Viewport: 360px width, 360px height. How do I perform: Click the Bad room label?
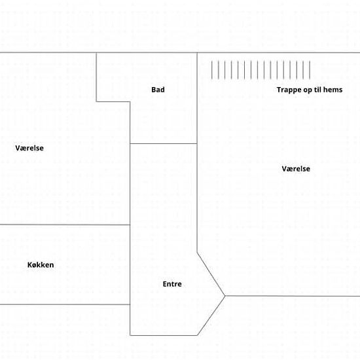click(158, 90)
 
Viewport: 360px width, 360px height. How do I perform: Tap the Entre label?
click(172, 284)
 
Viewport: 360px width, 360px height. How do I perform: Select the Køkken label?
click(41, 264)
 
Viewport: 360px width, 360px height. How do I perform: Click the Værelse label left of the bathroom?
click(29, 148)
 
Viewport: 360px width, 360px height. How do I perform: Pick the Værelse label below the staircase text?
click(296, 169)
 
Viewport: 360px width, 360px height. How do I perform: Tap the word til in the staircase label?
click(317, 90)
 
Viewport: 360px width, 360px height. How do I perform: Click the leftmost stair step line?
click(211, 70)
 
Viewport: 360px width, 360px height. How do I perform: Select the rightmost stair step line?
click(310, 70)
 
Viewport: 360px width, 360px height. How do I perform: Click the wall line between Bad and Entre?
click(164, 144)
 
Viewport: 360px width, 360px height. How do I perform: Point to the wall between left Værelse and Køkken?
click(65, 225)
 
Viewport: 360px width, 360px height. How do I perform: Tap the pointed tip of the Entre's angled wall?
click(225, 296)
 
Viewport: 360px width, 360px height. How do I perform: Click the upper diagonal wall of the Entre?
click(211, 274)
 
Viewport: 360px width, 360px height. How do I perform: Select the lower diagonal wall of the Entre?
click(211, 315)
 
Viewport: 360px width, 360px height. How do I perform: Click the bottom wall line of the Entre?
click(164, 335)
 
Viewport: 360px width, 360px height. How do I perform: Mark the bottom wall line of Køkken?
click(65, 304)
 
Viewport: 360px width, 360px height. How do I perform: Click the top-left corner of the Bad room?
click(96, 53)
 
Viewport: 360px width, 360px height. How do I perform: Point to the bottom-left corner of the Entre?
click(130, 335)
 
